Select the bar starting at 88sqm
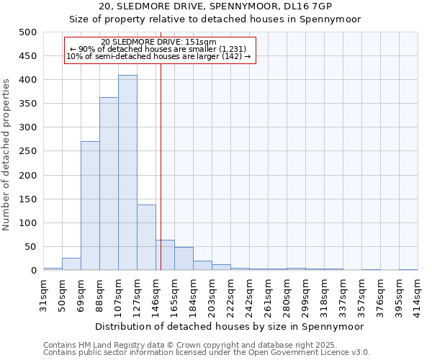[109, 184]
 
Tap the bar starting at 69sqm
[90, 206]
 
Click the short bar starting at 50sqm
[71, 264]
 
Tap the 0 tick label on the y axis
[33, 271]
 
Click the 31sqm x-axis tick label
[44, 293]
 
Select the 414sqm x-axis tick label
[418, 293]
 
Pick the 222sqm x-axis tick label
[230, 293]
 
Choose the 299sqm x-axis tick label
[305, 293]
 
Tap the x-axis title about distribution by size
[230, 326]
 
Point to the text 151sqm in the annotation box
[201, 42]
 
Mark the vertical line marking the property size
[161, 166]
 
